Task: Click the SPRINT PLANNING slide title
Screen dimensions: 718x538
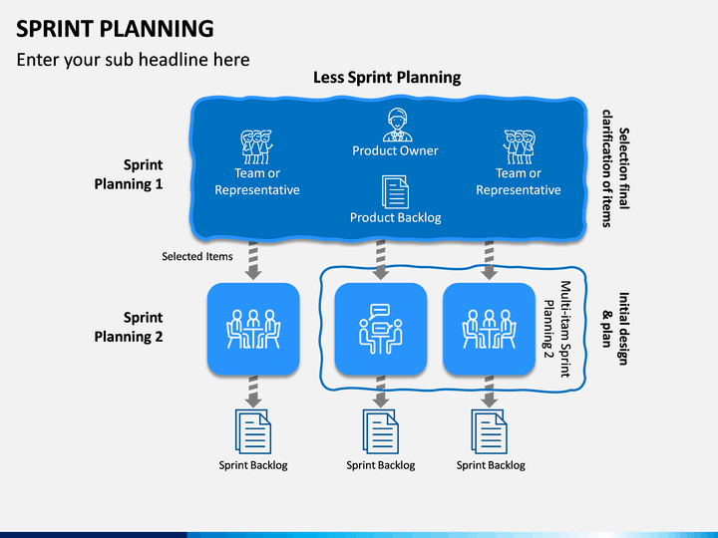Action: click(115, 28)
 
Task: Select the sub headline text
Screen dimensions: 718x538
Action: click(133, 60)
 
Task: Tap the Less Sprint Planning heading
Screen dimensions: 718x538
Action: click(387, 77)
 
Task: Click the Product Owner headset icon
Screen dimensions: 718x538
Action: click(397, 125)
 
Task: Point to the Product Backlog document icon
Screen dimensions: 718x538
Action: click(396, 191)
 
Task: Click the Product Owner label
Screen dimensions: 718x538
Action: click(395, 150)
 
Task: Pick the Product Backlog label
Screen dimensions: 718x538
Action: click(396, 217)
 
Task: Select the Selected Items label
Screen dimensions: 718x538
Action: click(196, 256)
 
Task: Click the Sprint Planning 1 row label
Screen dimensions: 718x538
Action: click(129, 174)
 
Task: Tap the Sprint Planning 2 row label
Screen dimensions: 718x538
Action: click(129, 327)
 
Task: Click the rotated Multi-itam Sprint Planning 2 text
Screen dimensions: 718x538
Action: click(557, 329)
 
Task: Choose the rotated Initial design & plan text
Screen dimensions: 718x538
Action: click(615, 329)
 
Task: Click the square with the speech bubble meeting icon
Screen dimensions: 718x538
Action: click(381, 329)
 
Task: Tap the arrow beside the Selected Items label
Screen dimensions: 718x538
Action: click(253, 260)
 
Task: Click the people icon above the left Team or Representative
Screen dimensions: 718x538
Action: click(257, 146)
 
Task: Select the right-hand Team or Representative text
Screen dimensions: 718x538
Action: click(519, 181)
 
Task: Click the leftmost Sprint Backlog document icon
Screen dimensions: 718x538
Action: click(253, 431)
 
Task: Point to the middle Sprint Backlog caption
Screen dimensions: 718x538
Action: click(381, 465)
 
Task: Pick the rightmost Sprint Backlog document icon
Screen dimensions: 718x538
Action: click(489, 431)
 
